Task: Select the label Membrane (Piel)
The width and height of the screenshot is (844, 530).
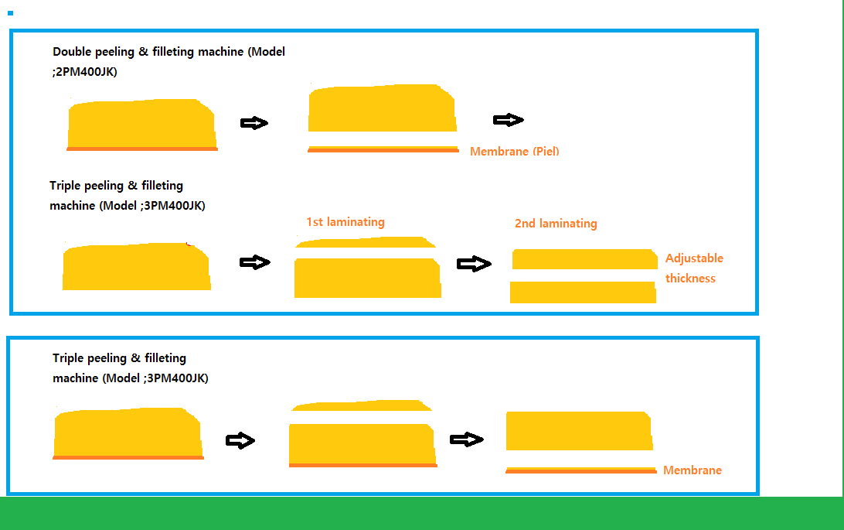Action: click(514, 152)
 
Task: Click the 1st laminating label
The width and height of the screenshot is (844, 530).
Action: click(345, 222)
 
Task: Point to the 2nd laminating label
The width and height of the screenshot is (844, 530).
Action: click(556, 224)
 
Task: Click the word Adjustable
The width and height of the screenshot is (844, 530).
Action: click(694, 258)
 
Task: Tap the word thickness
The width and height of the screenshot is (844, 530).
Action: click(690, 279)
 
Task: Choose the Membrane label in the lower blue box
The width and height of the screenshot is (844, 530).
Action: click(693, 470)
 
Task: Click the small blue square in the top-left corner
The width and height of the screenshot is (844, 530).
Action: click(10, 13)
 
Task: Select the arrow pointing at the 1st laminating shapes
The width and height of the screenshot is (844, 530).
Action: click(255, 262)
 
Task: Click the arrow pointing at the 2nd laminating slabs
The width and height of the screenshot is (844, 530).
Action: click(474, 264)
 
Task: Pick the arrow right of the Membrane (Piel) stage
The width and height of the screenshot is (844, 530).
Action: click(508, 120)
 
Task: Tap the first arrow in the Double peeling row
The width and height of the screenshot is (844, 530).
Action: click(254, 123)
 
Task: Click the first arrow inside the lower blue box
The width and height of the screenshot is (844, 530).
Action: click(240, 440)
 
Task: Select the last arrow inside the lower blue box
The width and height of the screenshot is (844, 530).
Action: click(467, 439)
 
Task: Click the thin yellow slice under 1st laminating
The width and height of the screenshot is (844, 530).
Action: click(364, 242)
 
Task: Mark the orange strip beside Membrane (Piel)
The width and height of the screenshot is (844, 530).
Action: click(383, 149)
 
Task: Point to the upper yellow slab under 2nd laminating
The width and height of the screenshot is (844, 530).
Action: click(584, 259)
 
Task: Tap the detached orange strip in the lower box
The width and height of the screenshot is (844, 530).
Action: click(580, 470)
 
